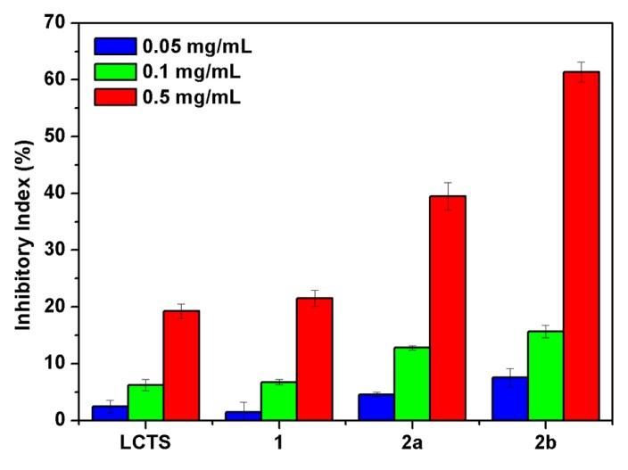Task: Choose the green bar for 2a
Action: pyautogui.click(x=412, y=383)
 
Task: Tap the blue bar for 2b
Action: pyautogui.click(x=510, y=398)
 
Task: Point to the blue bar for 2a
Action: pyautogui.click(x=376, y=407)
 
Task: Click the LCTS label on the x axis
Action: pyautogui.click(x=145, y=442)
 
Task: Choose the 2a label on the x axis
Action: pyautogui.click(x=412, y=442)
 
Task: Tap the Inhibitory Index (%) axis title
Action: pyautogui.click(x=24, y=221)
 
